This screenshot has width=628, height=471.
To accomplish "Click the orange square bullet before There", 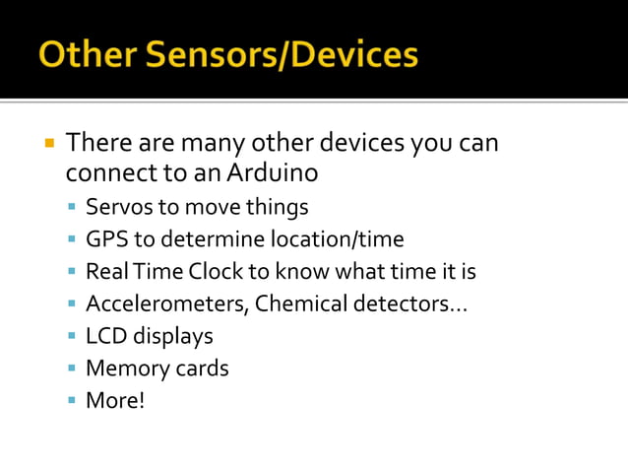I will pos(48,143).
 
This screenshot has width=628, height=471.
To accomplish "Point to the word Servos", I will pos(118,207).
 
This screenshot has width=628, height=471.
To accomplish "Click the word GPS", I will pos(104,239).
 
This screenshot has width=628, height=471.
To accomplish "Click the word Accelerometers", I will pos(165,303).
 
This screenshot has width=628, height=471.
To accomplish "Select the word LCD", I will pos(106,336).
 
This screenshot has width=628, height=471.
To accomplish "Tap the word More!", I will pos(115,400).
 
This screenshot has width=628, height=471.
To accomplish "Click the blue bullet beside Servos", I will pos(72,208).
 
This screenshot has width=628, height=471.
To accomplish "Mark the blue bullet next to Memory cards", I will pos(72,370).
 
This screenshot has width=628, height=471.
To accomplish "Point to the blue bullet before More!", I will pos(72,401).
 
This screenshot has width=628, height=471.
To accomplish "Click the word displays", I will pos(173,336).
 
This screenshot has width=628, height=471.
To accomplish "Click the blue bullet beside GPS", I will pos(72,240).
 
